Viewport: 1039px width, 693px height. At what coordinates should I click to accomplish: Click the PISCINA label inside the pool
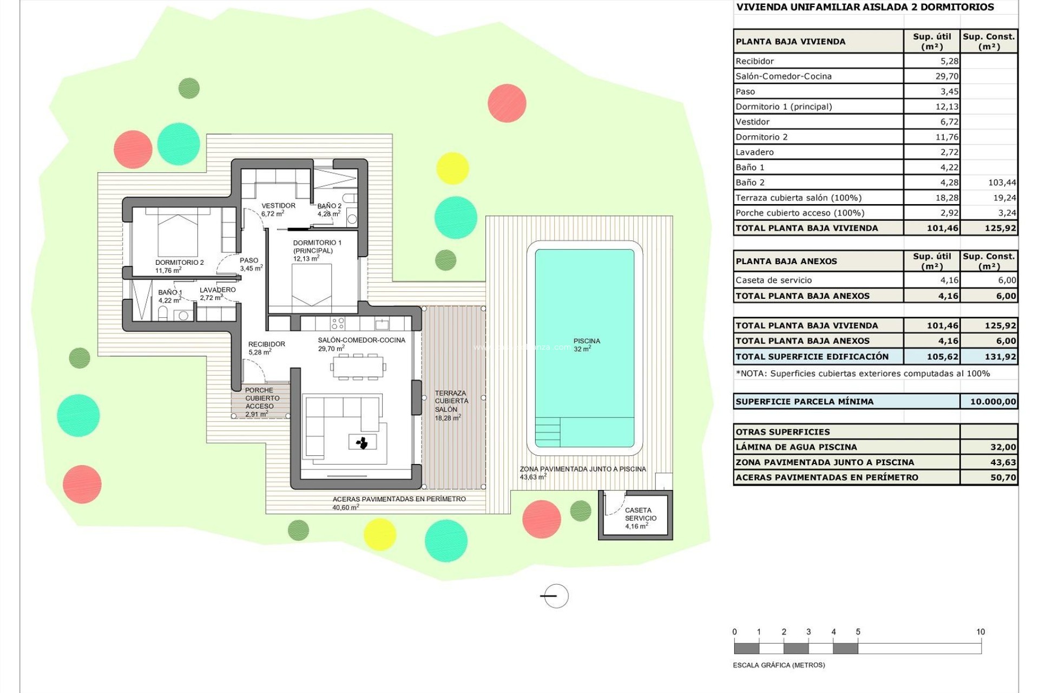tap(587, 341)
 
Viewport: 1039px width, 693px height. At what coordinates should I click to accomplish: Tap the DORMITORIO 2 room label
tap(179, 263)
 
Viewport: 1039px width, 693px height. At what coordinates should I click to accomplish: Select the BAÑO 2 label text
tap(329, 206)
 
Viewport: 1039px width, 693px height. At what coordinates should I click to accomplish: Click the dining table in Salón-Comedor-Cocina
tap(358, 367)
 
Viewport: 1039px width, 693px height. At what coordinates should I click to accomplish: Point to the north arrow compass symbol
tap(555, 596)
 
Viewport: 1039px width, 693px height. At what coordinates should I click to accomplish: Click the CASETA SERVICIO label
tap(640, 514)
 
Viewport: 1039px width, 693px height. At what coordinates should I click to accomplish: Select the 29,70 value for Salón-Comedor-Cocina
tap(946, 76)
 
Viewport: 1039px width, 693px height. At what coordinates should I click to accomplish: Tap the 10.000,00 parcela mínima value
tap(992, 402)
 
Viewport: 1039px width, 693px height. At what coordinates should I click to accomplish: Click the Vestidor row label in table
tap(752, 122)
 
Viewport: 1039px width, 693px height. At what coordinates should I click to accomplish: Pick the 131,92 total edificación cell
tap(1000, 356)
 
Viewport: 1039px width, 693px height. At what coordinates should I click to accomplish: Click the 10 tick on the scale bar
tap(981, 632)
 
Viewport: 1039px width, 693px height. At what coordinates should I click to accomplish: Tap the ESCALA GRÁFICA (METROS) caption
tap(779, 665)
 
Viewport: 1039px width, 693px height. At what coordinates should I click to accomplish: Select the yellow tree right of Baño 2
tap(452, 168)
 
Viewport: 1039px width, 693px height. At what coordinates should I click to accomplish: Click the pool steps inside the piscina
tap(548, 432)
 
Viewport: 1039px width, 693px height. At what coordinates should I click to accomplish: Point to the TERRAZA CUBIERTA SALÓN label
tap(451, 401)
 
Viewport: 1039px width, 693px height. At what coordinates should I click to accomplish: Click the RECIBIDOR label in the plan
tap(266, 344)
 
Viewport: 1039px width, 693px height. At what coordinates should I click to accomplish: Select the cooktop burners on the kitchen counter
tap(338, 324)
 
